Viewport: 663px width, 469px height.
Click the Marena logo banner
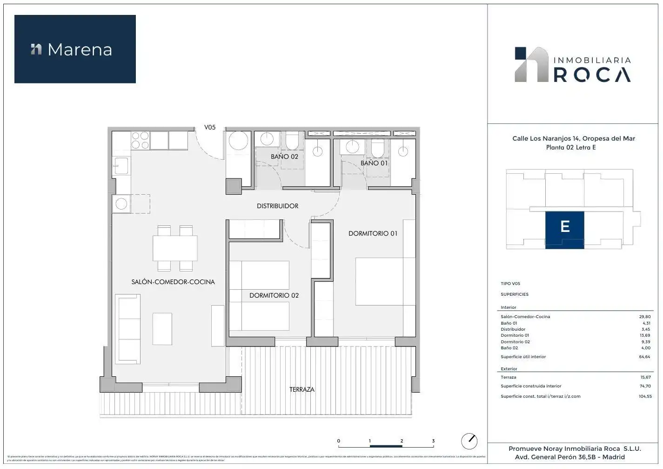click(x=75, y=49)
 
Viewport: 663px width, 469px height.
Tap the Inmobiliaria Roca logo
click(x=573, y=65)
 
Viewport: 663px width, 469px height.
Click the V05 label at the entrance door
click(x=210, y=127)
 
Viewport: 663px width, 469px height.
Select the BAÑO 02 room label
click(x=284, y=157)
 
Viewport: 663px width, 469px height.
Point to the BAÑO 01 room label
click(x=374, y=163)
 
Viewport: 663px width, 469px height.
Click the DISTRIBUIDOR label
click(x=277, y=206)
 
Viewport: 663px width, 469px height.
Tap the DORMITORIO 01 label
click(x=373, y=233)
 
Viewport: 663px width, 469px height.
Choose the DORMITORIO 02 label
click(x=274, y=295)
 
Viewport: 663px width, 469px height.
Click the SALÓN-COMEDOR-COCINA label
click(x=173, y=282)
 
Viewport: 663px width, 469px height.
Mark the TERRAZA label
click(x=302, y=389)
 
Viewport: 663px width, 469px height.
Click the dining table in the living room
click(x=175, y=248)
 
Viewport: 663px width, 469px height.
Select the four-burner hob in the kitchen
click(x=141, y=140)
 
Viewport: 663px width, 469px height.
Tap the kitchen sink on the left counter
click(x=121, y=165)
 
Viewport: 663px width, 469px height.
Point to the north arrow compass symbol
click(x=469, y=441)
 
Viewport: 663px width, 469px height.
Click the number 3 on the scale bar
click(x=433, y=441)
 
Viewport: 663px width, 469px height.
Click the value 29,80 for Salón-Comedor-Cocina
click(x=644, y=317)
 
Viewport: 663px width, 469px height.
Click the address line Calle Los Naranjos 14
click(x=573, y=138)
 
